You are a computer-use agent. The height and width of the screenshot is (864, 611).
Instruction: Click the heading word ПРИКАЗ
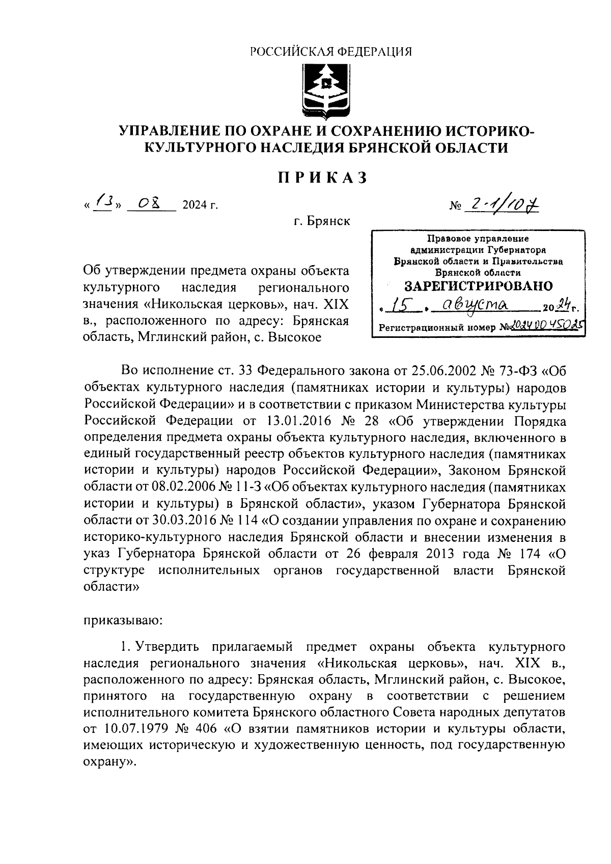tap(322, 178)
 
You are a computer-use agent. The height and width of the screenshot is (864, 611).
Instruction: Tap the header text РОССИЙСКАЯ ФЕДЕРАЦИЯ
tap(331, 51)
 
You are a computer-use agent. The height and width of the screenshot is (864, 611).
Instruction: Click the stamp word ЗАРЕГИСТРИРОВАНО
tap(478, 285)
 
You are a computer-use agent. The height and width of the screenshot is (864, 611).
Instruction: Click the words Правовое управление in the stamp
tap(478, 238)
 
